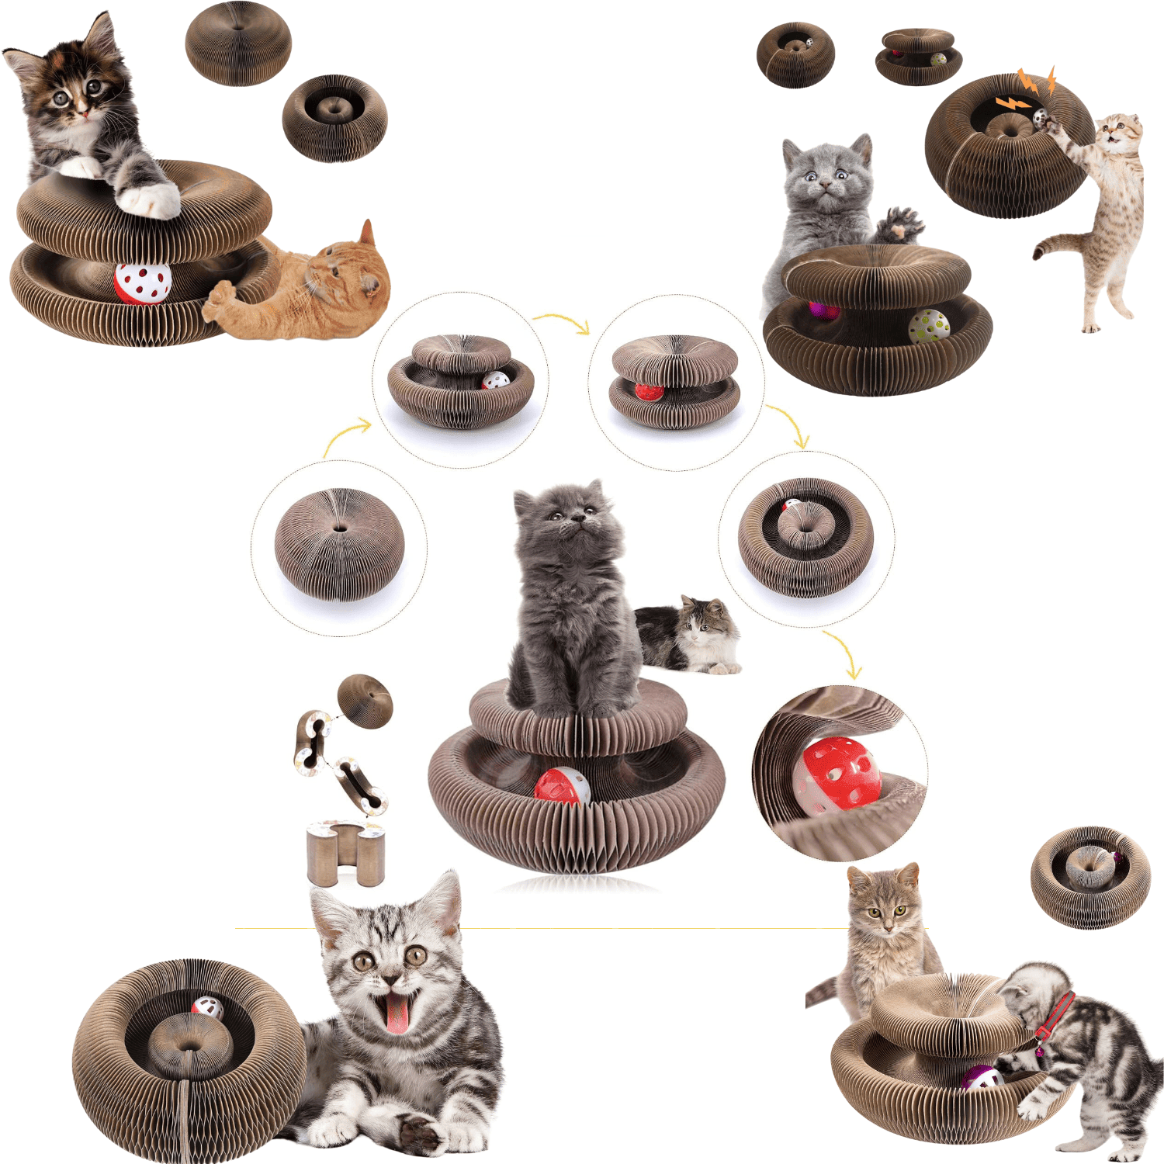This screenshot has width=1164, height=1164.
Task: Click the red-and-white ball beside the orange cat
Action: (x=143, y=283)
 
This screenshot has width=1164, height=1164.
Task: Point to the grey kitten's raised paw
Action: (x=900, y=223)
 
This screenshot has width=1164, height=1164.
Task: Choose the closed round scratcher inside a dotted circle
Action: (x=339, y=545)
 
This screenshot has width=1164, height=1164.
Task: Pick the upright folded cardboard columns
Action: (x=345, y=854)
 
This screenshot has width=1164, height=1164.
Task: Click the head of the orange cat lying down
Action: (x=349, y=272)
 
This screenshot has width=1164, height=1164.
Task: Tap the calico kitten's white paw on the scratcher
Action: (x=147, y=200)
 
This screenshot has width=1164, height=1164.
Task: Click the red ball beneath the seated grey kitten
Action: (x=561, y=786)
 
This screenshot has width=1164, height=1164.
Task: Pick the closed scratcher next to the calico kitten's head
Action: (x=238, y=43)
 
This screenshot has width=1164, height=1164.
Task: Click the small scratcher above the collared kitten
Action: (x=1090, y=877)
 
